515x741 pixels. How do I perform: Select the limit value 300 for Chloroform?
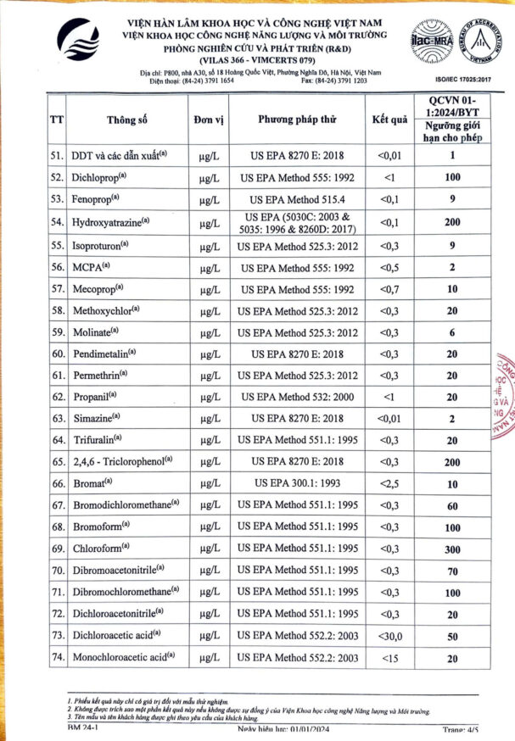coord(453,549)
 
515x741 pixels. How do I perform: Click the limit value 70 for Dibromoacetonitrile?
coord(453,571)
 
